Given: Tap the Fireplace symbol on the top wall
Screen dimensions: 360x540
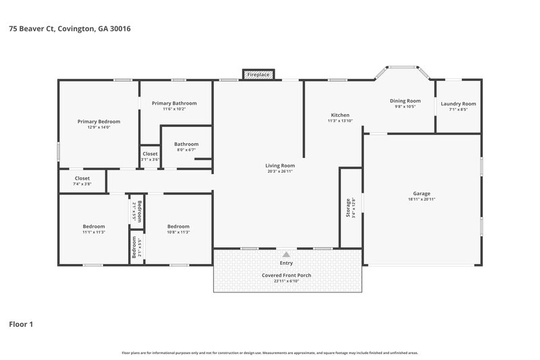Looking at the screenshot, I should [259, 74].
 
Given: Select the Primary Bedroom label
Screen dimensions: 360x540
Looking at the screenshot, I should [99, 122].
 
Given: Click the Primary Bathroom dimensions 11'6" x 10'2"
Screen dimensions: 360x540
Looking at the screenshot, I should [174, 109].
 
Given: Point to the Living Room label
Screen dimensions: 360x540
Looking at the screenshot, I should [279, 165].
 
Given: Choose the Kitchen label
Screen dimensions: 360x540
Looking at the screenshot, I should [340, 115].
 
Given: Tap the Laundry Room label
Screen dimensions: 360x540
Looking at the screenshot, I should [458, 103].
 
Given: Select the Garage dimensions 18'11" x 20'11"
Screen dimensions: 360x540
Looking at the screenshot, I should [421, 199].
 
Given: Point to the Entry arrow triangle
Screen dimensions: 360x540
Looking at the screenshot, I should [286, 254].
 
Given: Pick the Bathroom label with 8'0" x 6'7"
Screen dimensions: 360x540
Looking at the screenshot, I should [186, 144].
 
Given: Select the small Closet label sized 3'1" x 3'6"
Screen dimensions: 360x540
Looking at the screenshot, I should [150, 154].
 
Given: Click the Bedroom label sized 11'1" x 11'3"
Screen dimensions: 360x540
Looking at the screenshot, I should [94, 226].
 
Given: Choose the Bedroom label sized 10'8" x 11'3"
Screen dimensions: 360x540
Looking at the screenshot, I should [178, 226].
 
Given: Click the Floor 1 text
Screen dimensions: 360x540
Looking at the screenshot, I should [21, 324].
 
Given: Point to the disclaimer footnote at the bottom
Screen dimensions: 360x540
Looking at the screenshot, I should [269, 353].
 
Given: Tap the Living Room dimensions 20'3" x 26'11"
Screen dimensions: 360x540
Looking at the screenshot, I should [279, 172].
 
